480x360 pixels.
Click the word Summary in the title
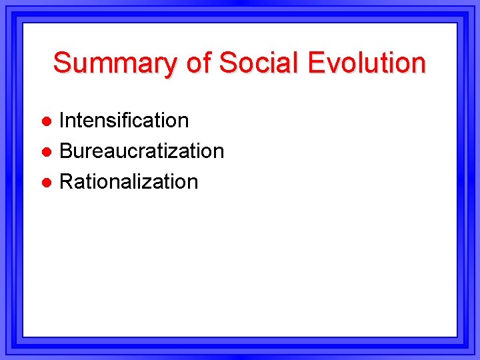tap(114, 63)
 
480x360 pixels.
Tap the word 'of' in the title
tap(197, 63)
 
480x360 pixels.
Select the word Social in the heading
tap(259, 63)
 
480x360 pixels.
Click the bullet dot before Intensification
tap(46, 121)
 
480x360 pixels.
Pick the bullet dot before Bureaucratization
tap(46, 152)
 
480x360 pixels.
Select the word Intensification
tap(124, 120)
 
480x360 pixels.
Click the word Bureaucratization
tap(141, 151)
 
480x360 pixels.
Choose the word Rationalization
tap(129, 181)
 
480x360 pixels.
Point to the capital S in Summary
tap(61, 63)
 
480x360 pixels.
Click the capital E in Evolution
tap(315, 63)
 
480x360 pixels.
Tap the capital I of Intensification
tap(63, 120)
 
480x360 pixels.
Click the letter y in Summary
tap(169, 65)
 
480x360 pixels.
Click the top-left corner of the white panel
tap(24, 24)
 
